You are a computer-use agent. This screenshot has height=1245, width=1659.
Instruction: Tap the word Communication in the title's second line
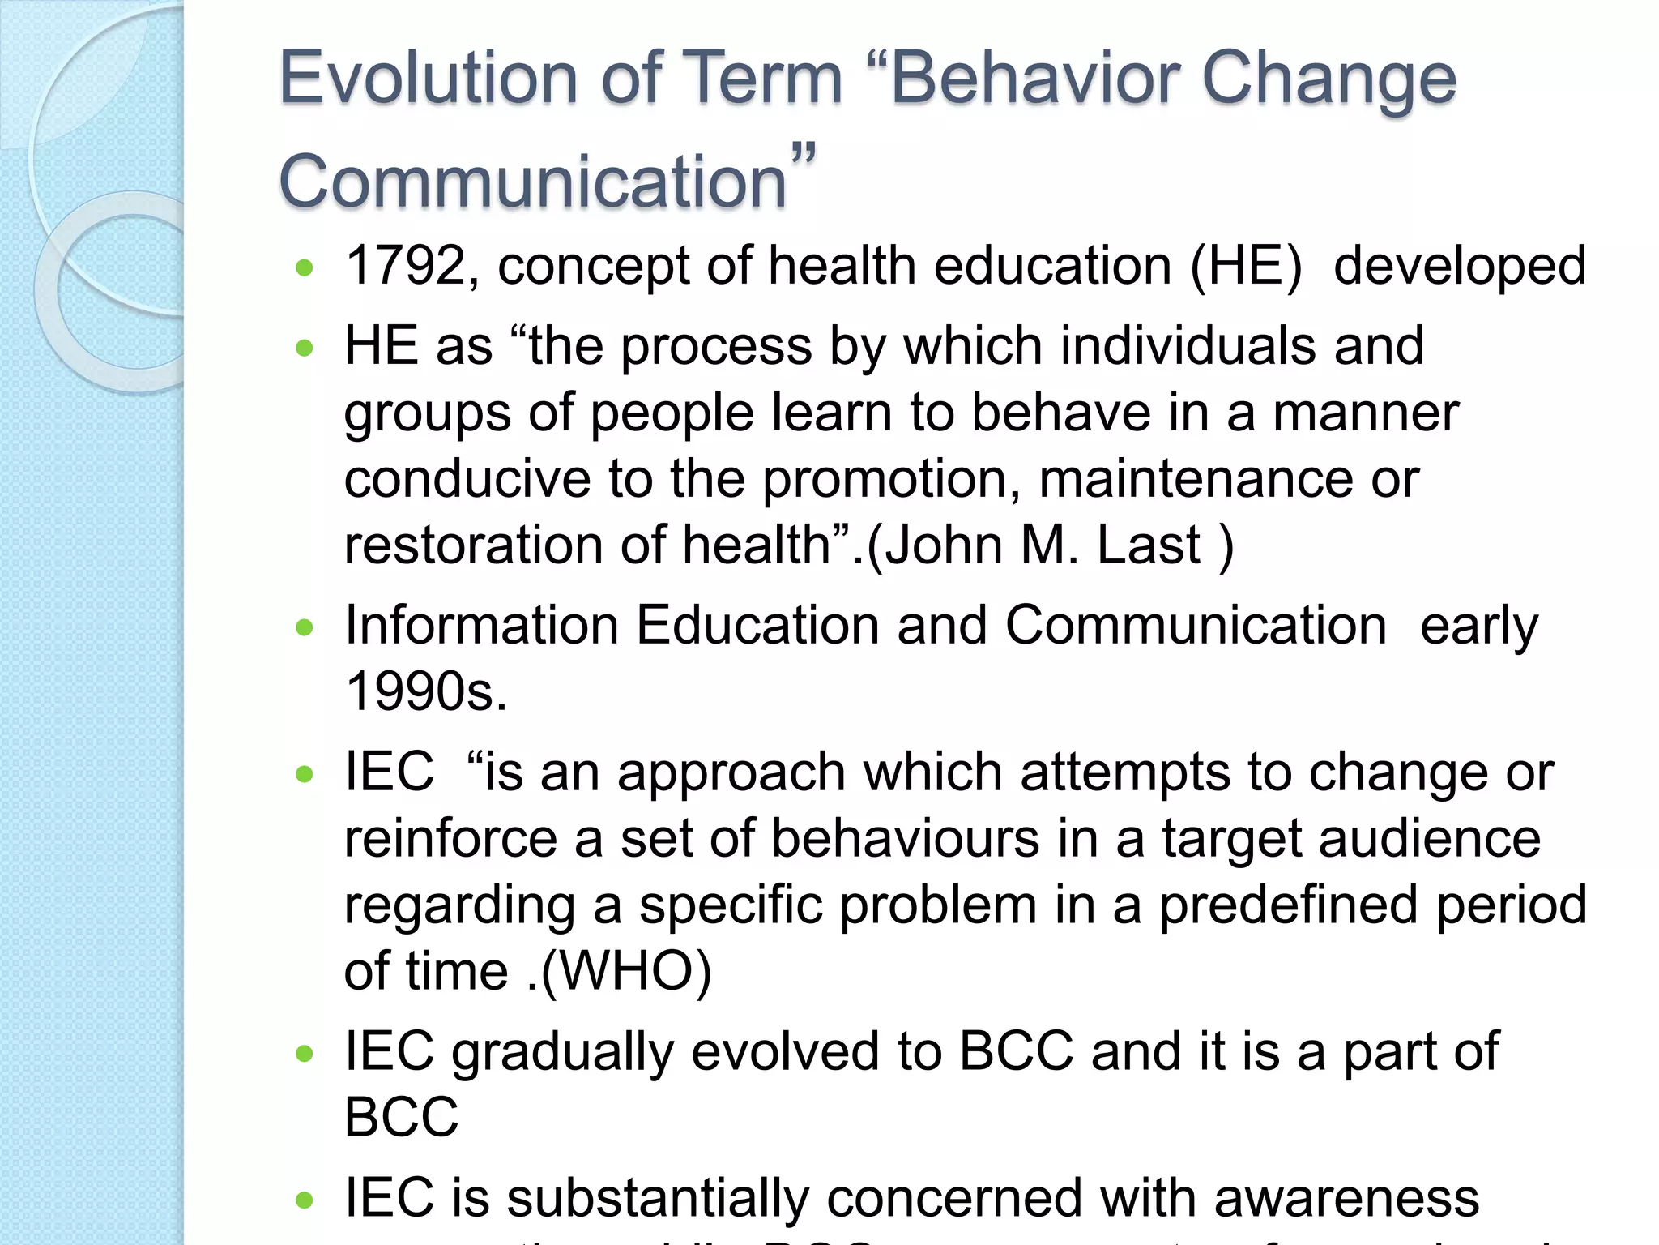point(532,181)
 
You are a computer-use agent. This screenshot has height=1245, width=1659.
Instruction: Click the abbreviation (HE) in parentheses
point(1245,266)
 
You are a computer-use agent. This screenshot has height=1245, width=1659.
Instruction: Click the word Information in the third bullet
point(481,626)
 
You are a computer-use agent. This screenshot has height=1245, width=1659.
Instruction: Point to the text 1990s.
point(426,691)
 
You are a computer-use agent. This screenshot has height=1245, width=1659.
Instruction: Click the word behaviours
point(905,838)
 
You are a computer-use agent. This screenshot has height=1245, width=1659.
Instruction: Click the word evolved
point(785,1052)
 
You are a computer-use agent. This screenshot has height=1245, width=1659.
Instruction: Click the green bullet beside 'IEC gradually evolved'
point(305,1053)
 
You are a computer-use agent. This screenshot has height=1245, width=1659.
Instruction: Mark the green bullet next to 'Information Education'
point(305,627)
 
